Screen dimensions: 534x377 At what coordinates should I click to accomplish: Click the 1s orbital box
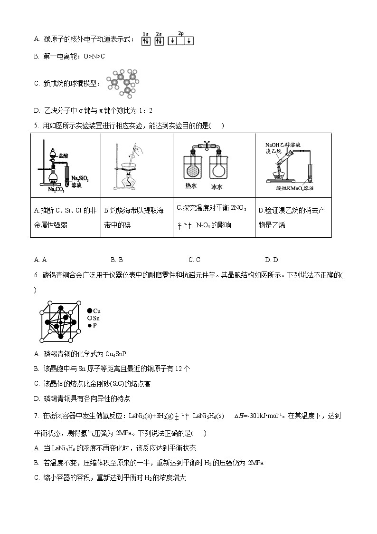point(146,41)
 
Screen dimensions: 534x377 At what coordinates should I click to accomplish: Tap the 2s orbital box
point(159,41)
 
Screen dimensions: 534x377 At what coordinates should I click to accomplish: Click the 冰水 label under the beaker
point(217,187)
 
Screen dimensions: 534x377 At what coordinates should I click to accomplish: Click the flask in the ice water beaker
point(218,169)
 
